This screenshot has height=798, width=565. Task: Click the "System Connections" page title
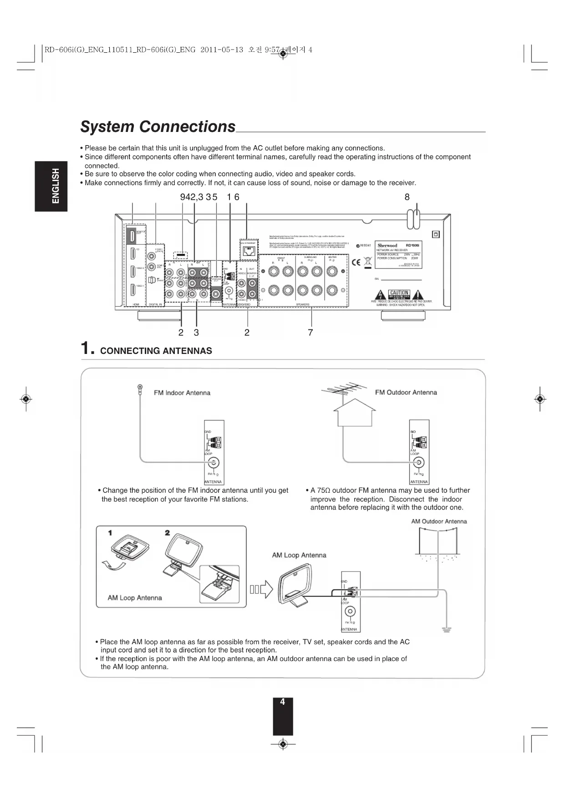pos(158,126)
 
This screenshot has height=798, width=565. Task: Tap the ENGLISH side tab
pos(51,186)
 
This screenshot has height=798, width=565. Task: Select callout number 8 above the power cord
pos(407,197)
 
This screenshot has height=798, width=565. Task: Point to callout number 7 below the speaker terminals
pos(310,333)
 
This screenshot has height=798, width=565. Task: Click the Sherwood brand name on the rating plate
pos(387,246)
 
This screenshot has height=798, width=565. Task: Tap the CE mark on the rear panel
pos(356,262)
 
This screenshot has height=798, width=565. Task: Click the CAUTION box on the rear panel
pos(399,293)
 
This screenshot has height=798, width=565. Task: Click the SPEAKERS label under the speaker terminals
pos(303,304)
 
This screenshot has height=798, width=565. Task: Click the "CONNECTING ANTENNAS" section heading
pos(156,351)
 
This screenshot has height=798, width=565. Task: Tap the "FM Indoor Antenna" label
pos(182,393)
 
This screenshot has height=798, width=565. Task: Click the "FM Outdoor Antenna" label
pos(406,392)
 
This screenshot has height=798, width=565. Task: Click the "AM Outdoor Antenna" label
pos(439,521)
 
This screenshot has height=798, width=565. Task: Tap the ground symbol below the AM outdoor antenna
pos(447,630)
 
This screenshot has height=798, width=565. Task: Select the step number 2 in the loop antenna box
pos(168,533)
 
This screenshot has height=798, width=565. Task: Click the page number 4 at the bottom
pos(283,702)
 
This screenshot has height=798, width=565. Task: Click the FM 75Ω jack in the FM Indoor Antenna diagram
pos(213,463)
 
